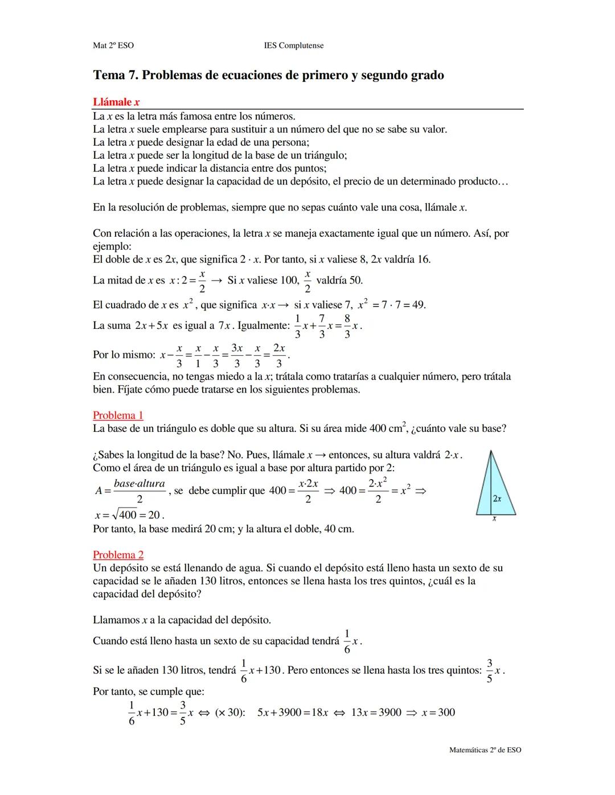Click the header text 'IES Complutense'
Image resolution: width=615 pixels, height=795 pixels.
click(x=294, y=46)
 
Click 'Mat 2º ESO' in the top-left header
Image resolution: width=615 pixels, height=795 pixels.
click(x=113, y=46)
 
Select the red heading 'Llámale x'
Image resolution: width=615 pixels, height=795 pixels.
click(x=116, y=102)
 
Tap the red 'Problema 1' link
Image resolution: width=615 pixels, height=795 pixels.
click(x=118, y=415)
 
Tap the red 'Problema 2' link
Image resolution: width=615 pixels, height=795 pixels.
click(x=118, y=555)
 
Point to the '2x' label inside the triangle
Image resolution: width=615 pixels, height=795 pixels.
click(x=497, y=499)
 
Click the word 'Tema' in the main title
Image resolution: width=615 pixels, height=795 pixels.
click(x=109, y=75)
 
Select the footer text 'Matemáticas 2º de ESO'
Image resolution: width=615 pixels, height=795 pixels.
click(x=485, y=750)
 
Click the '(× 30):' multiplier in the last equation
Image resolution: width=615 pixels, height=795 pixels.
click(x=230, y=712)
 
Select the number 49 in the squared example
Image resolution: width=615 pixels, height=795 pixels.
click(x=419, y=304)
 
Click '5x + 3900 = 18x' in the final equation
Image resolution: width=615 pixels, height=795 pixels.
click(x=293, y=712)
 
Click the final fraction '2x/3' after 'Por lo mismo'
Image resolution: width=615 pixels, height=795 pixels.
click(x=279, y=355)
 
